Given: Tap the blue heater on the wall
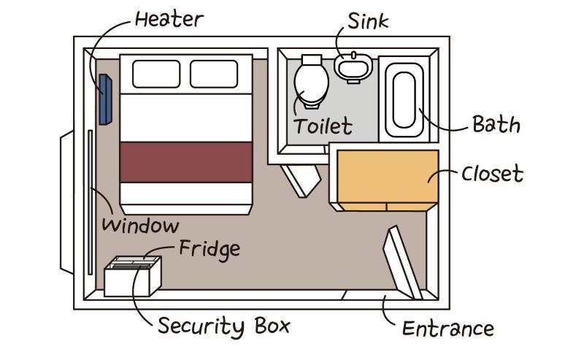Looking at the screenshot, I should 105,99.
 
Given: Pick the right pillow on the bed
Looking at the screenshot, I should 214,74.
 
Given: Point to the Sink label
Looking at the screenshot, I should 367,20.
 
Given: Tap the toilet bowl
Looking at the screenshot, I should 311,83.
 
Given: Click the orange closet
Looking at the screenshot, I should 386,179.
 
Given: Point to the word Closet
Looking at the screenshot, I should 492,175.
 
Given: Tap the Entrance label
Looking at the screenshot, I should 448,328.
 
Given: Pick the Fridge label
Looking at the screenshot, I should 210,249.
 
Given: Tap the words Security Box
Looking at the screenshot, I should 223,325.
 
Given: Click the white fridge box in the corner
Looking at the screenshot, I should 131,279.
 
